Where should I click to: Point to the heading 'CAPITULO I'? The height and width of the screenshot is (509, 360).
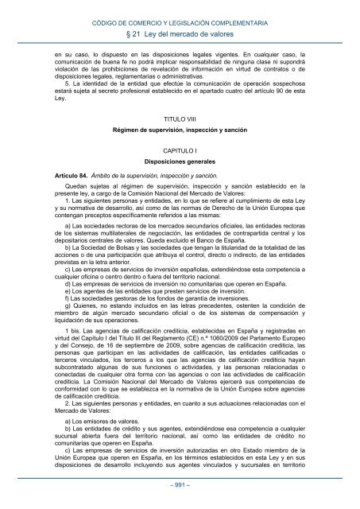tap(180, 149)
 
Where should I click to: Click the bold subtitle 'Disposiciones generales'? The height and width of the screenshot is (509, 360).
tap(180, 160)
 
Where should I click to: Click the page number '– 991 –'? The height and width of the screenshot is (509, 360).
tap(180, 485)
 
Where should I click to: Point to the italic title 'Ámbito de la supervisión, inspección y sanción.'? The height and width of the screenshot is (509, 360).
tap(151, 174)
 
